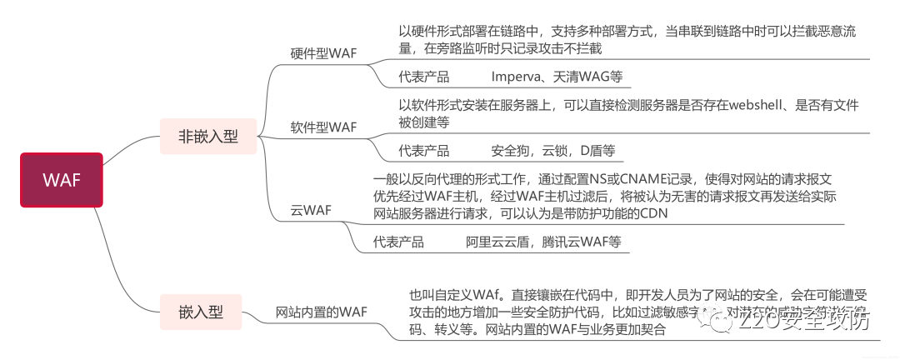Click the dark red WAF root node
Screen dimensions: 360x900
pyautogui.click(x=61, y=179)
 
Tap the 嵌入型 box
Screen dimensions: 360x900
pyautogui.click(x=201, y=312)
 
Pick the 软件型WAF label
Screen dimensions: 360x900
pyautogui.click(x=323, y=127)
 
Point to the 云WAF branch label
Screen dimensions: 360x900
pyautogui.click(x=311, y=210)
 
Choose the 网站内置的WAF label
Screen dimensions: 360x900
pyautogui.click(x=322, y=312)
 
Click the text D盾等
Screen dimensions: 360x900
pyautogui.click(x=595, y=151)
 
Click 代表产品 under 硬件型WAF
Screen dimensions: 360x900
pyautogui.click(x=424, y=77)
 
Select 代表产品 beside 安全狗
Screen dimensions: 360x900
pyautogui.click(x=424, y=151)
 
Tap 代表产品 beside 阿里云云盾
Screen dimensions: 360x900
pyautogui.click(x=399, y=242)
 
